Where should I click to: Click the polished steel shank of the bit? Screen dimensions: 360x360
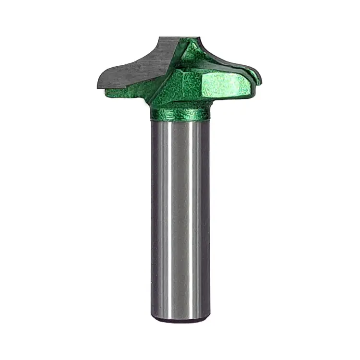pyautogui.click(x=180, y=216)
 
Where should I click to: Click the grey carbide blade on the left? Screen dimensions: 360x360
pyautogui.click(x=139, y=67)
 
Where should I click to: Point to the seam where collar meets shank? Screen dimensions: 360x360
pyautogui.click(x=180, y=120)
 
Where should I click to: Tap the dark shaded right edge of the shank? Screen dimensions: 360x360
pyautogui.click(x=205, y=216)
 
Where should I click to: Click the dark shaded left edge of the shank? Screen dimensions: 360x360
pyautogui.click(x=155, y=216)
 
